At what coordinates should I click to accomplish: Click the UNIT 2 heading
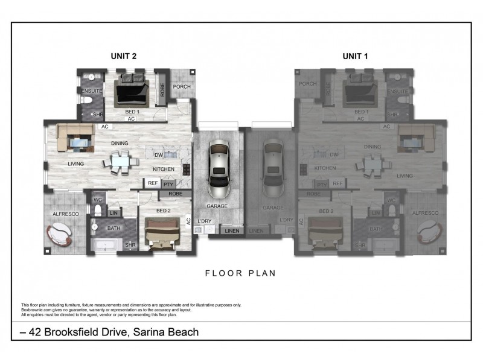click(x=123, y=56)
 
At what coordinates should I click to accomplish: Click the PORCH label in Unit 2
click(x=182, y=87)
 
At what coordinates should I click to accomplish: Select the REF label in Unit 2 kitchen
click(x=152, y=183)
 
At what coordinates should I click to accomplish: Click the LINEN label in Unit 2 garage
click(x=232, y=231)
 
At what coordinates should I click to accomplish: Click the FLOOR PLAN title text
click(x=241, y=273)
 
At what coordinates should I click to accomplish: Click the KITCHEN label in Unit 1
click(x=324, y=168)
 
